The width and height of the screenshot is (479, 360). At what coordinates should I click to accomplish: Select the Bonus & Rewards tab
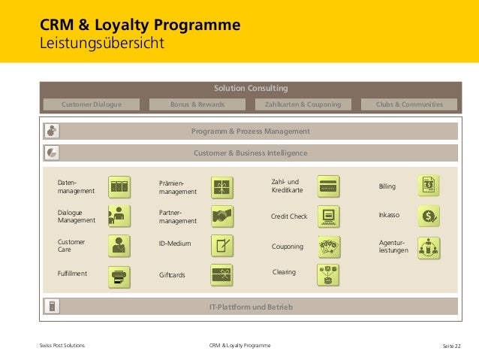[x=197, y=104]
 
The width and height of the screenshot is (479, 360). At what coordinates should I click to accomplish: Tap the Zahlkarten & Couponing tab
[x=303, y=104]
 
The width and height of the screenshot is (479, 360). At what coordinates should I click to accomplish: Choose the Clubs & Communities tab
[x=409, y=104]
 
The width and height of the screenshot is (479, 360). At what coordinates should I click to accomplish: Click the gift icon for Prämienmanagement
[x=221, y=187]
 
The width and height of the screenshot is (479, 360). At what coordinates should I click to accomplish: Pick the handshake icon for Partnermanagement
[x=221, y=217]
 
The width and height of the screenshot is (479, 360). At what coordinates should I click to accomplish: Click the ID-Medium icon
[x=221, y=245]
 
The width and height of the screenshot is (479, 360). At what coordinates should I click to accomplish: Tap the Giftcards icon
[x=221, y=275]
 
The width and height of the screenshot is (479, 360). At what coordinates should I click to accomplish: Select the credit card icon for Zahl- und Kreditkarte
[x=328, y=185]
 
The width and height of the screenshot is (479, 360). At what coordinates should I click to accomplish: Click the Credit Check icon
[x=328, y=216]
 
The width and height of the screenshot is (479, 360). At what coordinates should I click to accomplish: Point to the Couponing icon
[x=329, y=246]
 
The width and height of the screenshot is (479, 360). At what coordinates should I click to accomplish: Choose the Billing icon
[x=429, y=185]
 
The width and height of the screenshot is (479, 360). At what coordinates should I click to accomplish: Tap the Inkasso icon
[x=429, y=216]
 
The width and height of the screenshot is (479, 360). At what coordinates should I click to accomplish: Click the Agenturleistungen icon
[x=429, y=247]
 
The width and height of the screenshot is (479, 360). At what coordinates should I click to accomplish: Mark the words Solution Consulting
[x=251, y=89]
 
